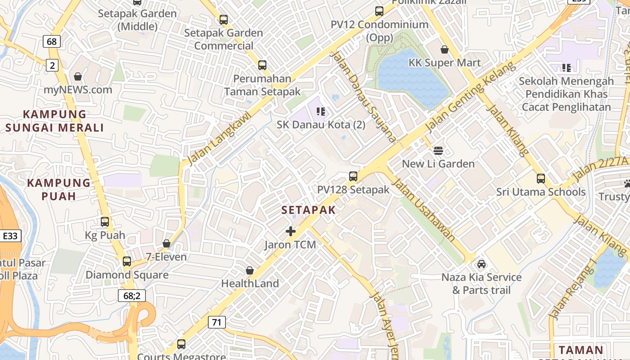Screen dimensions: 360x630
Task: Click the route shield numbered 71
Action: (x=216, y=322)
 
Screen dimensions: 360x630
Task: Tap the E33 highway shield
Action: (x=10, y=236)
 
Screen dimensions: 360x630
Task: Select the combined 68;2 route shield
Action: (x=131, y=295)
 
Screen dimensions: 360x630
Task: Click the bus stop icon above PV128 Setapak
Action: (x=353, y=176)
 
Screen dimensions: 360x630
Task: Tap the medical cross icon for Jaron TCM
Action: (x=291, y=232)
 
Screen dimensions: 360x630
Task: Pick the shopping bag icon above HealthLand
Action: (x=250, y=270)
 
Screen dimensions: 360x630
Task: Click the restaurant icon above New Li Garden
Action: (x=438, y=150)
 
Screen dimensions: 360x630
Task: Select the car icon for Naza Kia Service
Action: (x=481, y=264)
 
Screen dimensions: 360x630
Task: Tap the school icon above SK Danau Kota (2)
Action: (x=321, y=111)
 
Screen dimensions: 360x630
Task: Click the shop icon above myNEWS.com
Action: (x=78, y=76)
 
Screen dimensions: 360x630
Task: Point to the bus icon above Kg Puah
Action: (x=105, y=221)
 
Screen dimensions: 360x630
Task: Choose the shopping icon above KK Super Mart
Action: (x=445, y=49)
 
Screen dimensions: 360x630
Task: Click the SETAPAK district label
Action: (x=309, y=210)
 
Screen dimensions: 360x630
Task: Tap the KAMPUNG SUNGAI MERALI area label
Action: (x=54, y=121)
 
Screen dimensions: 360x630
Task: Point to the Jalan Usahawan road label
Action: (x=423, y=209)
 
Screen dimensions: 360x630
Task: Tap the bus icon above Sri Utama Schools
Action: (x=541, y=179)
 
